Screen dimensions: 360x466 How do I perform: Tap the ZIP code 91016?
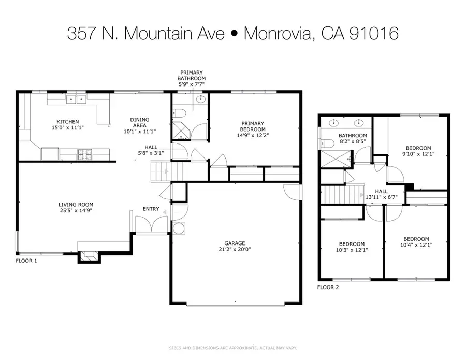(373, 34)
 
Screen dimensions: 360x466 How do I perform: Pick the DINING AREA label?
(139, 122)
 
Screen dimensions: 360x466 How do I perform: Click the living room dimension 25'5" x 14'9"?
(76, 211)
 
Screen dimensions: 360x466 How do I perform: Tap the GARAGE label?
(235, 243)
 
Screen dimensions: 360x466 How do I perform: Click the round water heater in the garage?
(179, 228)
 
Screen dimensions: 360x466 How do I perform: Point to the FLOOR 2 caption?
(328, 286)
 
